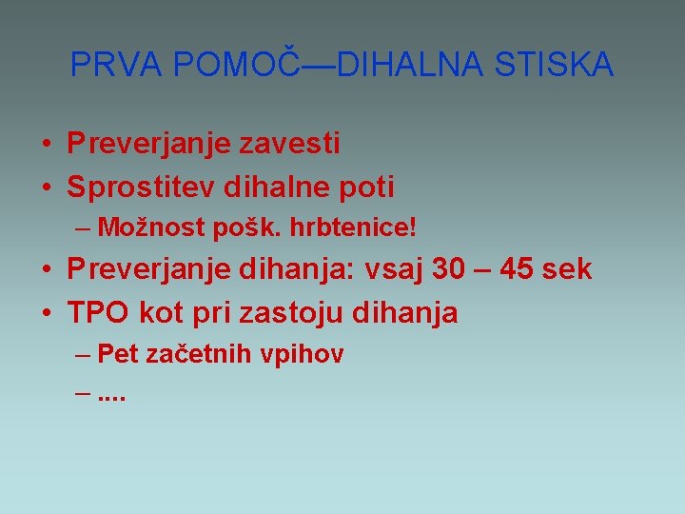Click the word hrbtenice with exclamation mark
point(369,228)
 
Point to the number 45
point(518,269)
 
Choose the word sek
point(567,269)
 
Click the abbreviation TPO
point(99,312)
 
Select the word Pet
point(118,355)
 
